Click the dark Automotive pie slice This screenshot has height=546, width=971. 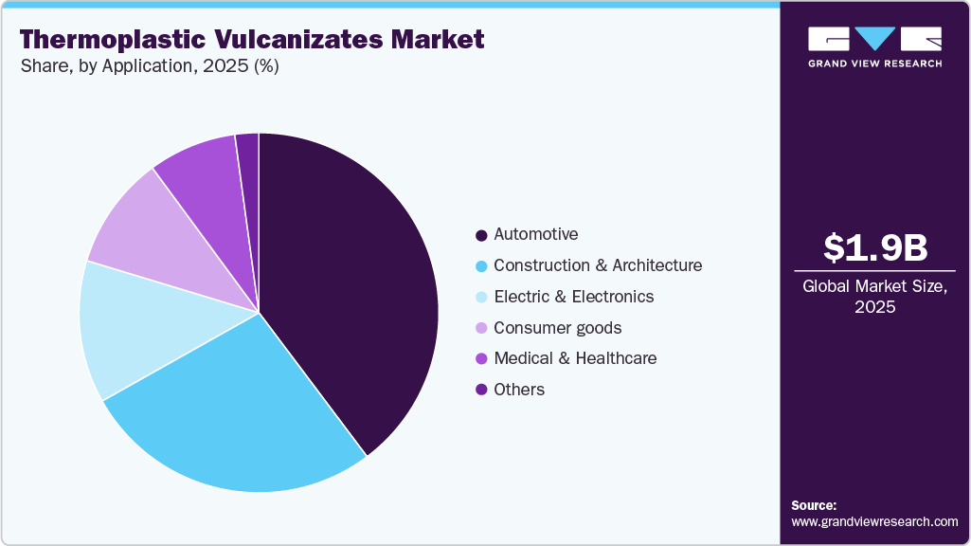[351, 284]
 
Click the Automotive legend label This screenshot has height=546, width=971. [535, 234]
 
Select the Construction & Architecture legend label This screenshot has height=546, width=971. [598, 265]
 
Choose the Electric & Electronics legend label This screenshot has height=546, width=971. [573, 297]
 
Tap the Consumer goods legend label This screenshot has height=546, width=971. [557, 328]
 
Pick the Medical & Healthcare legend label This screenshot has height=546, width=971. [575, 358]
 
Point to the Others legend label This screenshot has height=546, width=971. [519, 390]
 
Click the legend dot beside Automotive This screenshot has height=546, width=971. [481, 235]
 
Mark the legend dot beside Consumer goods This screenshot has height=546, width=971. [481, 328]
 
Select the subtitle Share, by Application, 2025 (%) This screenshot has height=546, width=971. [149, 67]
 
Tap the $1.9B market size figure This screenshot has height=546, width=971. [874, 247]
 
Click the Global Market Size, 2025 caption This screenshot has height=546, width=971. [874, 297]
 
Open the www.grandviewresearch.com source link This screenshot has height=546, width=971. [874, 521]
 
